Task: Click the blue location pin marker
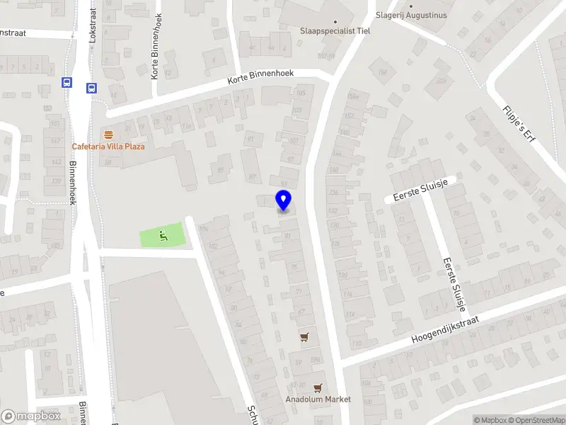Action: click(x=283, y=200)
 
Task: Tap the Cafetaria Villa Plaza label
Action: click(x=108, y=147)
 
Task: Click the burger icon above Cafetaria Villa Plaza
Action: click(x=108, y=135)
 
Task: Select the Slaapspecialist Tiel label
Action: click(x=335, y=31)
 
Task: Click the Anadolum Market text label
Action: click(x=318, y=399)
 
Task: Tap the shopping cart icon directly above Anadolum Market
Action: click(x=318, y=387)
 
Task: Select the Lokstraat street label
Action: click(x=93, y=27)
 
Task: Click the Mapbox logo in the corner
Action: click(x=30, y=416)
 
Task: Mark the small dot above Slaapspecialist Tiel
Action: click(x=335, y=21)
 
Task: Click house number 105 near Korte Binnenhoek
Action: click(x=301, y=93)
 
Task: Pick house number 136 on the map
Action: click(x=333, y=192)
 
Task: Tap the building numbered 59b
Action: click(x=316, y=360)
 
